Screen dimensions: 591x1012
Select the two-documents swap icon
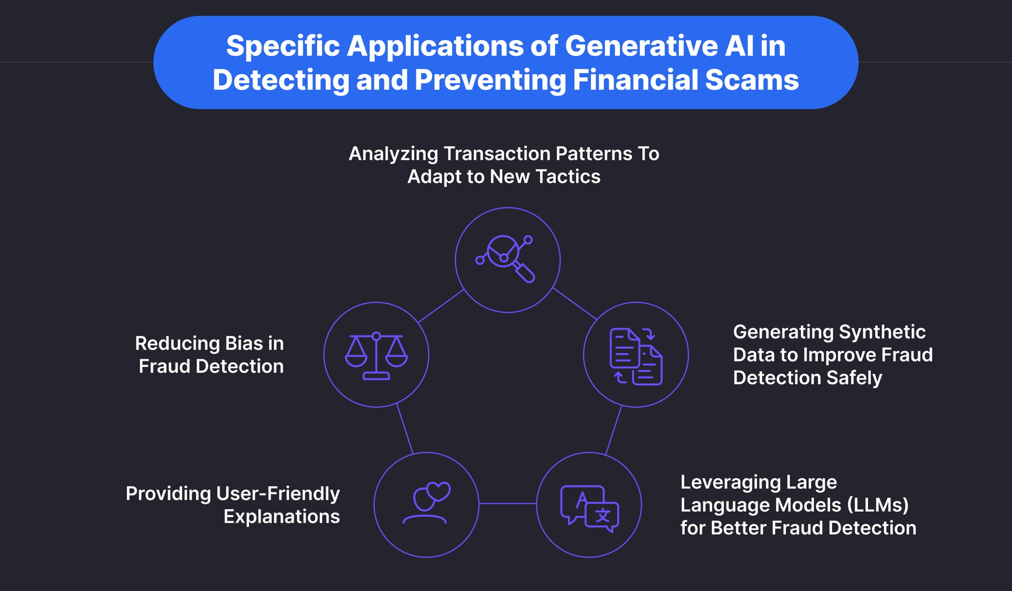tap(636, 356)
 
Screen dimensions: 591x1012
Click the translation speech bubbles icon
tap(589, 508)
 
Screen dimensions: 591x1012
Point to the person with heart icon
tap(427, 503)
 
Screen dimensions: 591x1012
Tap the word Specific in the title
tap(283, 46)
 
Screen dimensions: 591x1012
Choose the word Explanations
tap(281, 517)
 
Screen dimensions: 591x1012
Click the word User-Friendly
tap(278, 493)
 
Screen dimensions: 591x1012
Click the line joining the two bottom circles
tap(508, 503)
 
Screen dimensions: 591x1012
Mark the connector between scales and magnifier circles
tap(441, 306)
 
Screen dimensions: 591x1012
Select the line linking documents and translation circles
tap(613, 430)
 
